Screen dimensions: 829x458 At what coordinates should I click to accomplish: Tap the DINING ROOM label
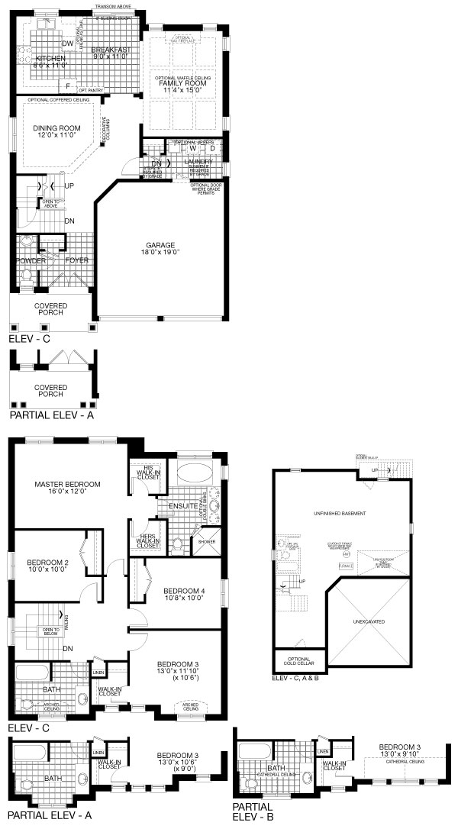[x=53, y=129]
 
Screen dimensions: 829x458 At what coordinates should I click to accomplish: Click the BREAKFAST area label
[x=112, y=50]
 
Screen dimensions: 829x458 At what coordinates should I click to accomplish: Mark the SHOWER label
[x=207, y=542]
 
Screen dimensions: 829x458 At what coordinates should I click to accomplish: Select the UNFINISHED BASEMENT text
[x=343, y=512]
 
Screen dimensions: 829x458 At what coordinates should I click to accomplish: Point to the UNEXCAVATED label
[x=369, y=621]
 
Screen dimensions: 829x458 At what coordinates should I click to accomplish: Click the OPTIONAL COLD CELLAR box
[x=298, y=660]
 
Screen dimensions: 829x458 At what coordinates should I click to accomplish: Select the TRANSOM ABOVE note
[x=112, y=7]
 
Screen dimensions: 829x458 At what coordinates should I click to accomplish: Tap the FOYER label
[x=76, y=261]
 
